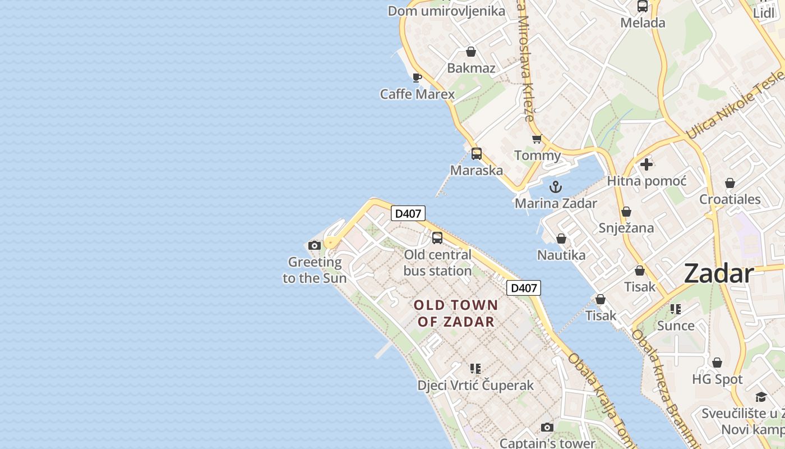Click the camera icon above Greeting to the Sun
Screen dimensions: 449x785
coord(315,245)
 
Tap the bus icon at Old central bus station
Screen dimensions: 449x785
coord(437,238)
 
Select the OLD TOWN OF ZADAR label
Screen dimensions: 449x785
coord(456,313)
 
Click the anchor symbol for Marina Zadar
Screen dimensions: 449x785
coord(556,187)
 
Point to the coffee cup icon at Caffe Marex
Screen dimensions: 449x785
coord(417,77)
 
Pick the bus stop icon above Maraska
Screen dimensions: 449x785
coord(477,154)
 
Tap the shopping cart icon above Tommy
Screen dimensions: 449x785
coord(537,139)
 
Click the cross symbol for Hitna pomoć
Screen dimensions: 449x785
coord(647,164)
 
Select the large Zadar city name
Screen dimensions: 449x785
coord(719,274)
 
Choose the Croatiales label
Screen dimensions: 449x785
coord(729,199)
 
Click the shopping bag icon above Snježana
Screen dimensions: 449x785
coord(626,212)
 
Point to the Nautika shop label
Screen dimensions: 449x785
coord(561,255)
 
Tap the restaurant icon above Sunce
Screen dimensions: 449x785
coord(676,309)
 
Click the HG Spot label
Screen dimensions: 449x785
coord(717,379)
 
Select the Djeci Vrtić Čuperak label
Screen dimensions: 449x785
coord(475,386)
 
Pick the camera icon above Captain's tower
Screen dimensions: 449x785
coord(547,428)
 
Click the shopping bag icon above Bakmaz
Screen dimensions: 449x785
coord(471,52)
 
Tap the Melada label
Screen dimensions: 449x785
coord(643,23)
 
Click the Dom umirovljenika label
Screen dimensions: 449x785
coord(446,11)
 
